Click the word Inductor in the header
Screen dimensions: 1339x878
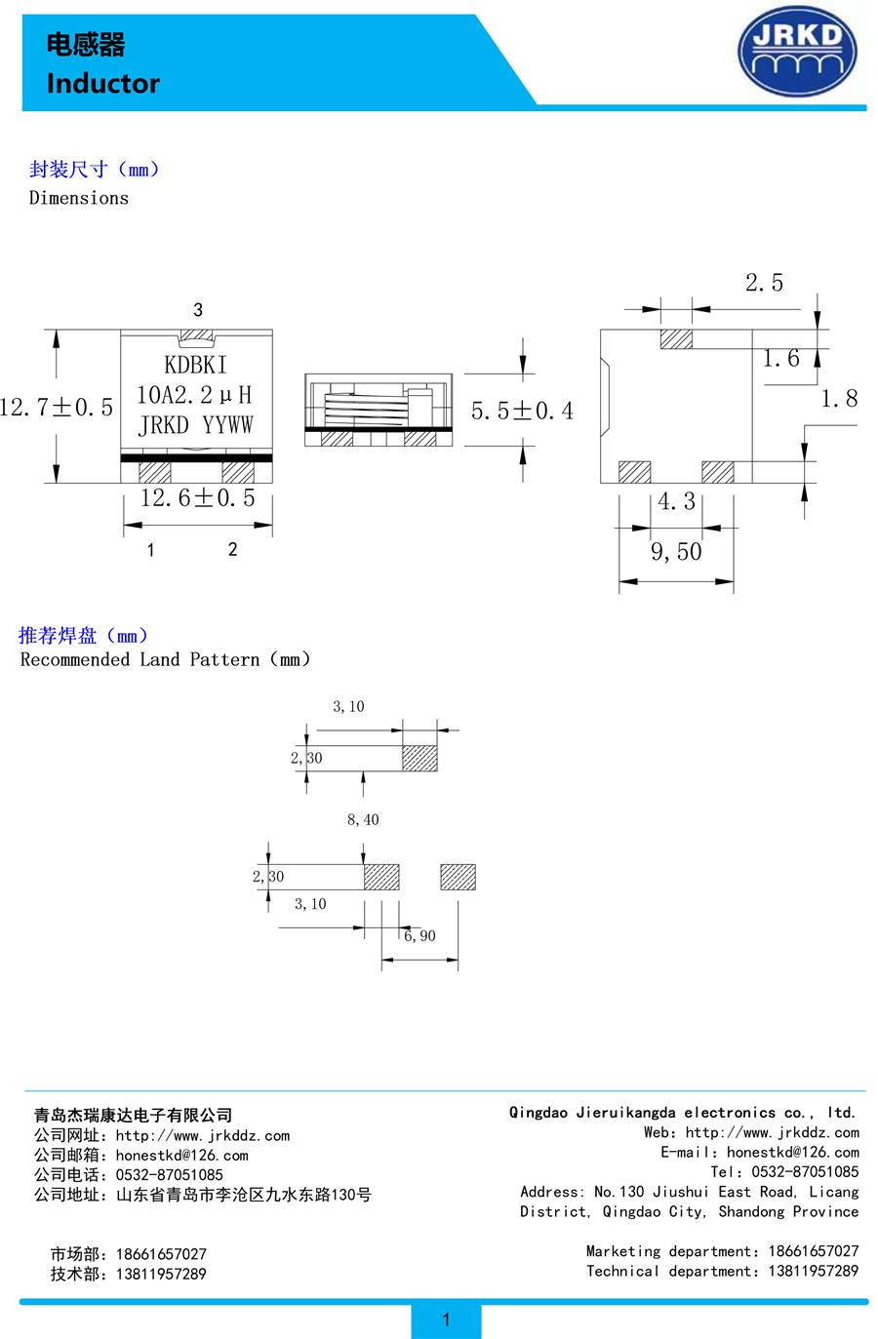click(x=102, y=84)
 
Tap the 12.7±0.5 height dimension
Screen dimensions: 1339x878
click(x=57, y=407)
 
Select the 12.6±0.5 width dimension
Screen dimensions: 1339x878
click(x=197, y=498)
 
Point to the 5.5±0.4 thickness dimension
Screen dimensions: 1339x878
click(x=522, y=411)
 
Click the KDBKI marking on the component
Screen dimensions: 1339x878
click(x=196, y=365)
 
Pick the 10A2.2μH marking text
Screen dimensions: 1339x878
click(x=194, y=394)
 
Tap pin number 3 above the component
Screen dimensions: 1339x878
click(x=198, y=310)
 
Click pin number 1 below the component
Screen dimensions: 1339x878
click(x=151, y=550)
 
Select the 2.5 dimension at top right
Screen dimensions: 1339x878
click(x=764, y=283)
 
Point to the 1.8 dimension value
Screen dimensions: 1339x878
click(x=838, y=398)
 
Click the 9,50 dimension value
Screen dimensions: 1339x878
click(x=676, y=552)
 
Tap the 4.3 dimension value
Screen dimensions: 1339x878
click(x=676, y=501)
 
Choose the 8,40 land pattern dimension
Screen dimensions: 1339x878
click(x=363, y=820)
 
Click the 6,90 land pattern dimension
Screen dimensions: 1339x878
click(x=419, y=936)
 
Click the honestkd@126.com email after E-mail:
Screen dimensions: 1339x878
click(x=793, y=1152)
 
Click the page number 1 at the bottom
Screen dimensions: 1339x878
click(x=446, y=1319)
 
